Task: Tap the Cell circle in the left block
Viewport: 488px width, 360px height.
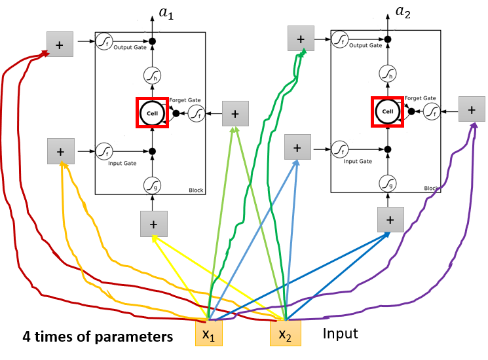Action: (153, 113)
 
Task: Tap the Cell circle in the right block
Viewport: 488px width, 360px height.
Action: (388, 111)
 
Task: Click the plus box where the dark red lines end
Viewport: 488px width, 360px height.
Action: (60, 45)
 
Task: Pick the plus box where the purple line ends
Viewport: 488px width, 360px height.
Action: (471, 109)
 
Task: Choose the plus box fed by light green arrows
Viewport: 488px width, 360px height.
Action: (235, 114)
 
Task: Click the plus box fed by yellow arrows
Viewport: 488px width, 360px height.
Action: (153, 224)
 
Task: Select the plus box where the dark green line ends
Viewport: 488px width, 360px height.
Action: (301, 39)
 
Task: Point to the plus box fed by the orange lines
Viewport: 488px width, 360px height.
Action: (60, 151)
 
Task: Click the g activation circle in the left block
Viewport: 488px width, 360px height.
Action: (152, 186)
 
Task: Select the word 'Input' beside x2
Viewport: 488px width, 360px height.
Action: (340, 334)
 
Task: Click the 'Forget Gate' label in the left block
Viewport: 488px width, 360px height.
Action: (185, 100)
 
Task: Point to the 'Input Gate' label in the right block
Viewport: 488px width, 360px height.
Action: (358, 161)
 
